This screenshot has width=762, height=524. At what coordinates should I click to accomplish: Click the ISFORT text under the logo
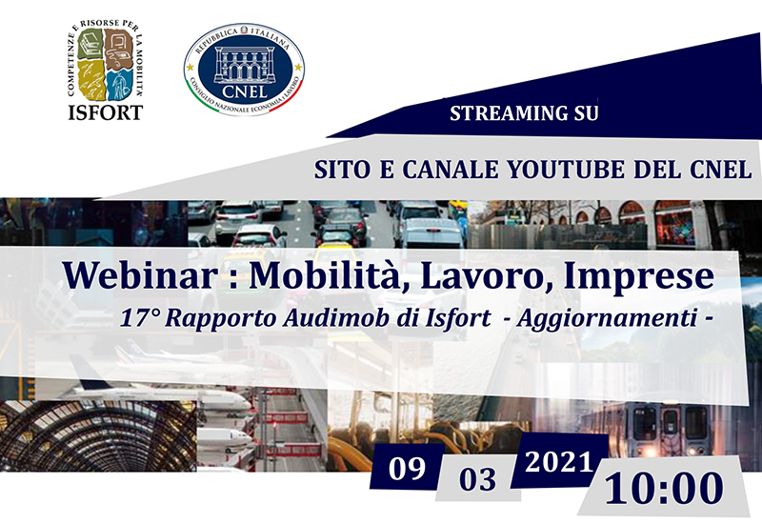pyautogui.click(x=105, y=112)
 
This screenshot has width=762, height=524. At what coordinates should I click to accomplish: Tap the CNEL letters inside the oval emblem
pyautogui.click(x=245, y=91)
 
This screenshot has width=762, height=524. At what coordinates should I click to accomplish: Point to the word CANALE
pyautogui.click(x=450, y=170)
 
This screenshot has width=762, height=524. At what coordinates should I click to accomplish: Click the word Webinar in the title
pyautogui.click(x=140, y=275)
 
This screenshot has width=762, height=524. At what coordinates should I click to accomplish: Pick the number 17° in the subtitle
pyautogui.click(x=139, y=318)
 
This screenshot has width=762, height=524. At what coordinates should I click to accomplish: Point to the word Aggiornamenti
pyautogui.click(x=607, y=319)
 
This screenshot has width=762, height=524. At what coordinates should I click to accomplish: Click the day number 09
pyautogui.click(x=407, y=469)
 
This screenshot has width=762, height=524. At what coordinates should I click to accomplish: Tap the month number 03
pyautogui.click(x=478, y=479)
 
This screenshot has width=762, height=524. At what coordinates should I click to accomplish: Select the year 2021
pyautogui.click(x=559, y=462)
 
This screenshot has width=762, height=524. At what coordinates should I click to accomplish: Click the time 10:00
pyautogui.click(x=664, y=489)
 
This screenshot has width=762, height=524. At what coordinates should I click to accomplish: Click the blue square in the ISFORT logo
pyautogui.click(x=119, y=85)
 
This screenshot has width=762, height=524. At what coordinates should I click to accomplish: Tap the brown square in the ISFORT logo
pyautogui.click(x=119, y=49)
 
